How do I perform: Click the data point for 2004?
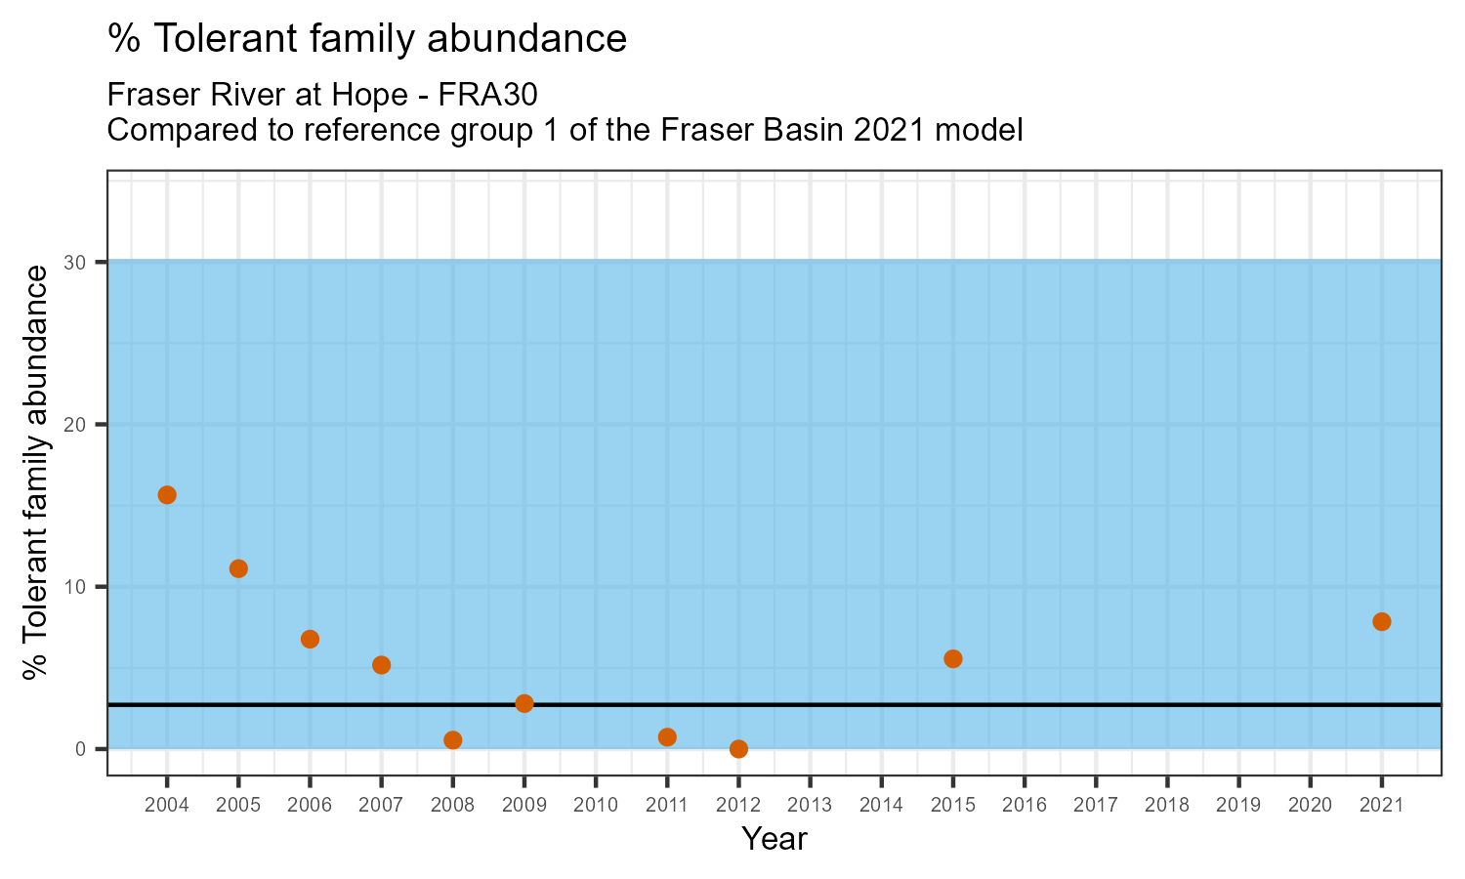click(x=167, y=495)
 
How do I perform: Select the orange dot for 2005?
click(x=238, y=568)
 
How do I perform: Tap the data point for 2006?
click(x=310, y=640)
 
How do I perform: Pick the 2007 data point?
click(x=381, y=665)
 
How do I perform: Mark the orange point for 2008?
click(x=452, y=740)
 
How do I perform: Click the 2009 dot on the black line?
click(x=524, y=703)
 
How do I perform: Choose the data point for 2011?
click(x=667, y=737)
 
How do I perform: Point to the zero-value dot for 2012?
click(x=738, y=749)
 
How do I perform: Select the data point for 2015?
click(x=953, y=659)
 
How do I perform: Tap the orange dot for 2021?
click(x=1382, y=622)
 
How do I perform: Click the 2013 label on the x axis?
click(x=810, y=805)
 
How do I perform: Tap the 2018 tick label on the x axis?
click(x=1167, y=805)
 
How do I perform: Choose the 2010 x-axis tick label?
click(x=596, y=805)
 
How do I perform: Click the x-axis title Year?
click(x=774, y=839)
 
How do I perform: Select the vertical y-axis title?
click(x=36, y=472)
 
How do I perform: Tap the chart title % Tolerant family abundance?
click(x=367, y=39)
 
